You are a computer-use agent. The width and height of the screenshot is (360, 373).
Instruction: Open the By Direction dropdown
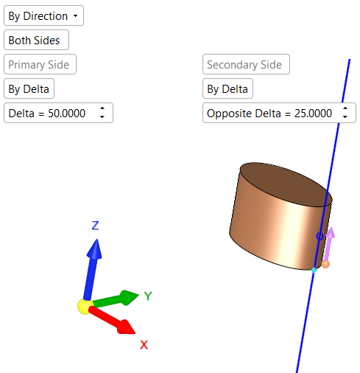pyautogui.click(x=43, y=15)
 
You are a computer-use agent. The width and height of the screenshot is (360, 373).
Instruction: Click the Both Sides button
pyautogui.click(x=36, y=40)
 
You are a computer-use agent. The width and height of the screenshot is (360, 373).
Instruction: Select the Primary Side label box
pyautogui.click(x=40, y=64)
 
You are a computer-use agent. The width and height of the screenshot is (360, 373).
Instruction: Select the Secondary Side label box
pyautogui.click(x=246, y=64)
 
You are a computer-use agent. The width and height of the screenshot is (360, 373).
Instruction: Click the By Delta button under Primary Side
pyautogui.click(x=29, y=88)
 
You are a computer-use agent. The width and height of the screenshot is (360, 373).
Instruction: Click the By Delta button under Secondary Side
pyautogui.click(x=227, y=88)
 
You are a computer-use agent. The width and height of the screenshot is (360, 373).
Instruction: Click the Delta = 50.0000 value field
pyautogui.click(x=58, y=113)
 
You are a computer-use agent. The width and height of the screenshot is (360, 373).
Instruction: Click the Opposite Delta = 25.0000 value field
pyautogui.click(x=279, y=113)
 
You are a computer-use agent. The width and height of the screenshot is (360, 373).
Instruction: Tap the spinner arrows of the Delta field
pyautogui.click(x=102, y=113)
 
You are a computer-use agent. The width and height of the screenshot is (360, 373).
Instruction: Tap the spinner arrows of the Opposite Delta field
pyautogui.click(x=345, y=113)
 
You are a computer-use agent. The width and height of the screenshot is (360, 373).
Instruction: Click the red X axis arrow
pyautogui.click(x=112, y=321)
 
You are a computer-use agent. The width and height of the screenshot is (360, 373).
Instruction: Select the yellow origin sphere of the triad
pyautogui.click(x=85, y=307)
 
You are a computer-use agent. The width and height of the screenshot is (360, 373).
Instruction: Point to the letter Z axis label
pyautogui.click(x=96, y=226)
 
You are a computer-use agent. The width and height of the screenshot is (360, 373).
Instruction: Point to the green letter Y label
pyautogui.click(x=148, y=296)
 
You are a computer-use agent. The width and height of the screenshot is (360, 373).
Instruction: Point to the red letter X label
pyautogui.click(x=144, y=345)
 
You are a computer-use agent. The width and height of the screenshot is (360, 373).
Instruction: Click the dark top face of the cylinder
pyautogui.click(x=286, y=184)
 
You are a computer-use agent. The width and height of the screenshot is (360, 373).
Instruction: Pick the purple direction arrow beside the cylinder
pyautogui.click(x=328, y=245)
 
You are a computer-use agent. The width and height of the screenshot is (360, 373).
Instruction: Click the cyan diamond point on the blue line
pyautogui.click(x=314, y=271)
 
